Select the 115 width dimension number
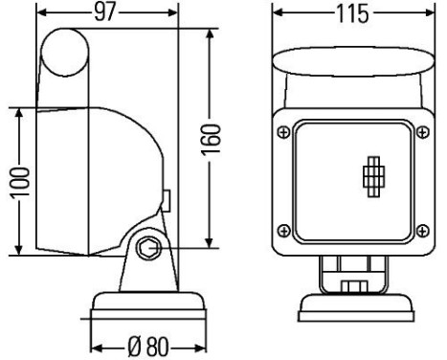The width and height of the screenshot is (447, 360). [348, 13]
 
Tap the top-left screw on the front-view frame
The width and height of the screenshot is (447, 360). [282, 131]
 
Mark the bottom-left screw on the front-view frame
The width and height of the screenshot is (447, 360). [282, 228]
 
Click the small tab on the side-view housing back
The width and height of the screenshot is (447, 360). [166, 202]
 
